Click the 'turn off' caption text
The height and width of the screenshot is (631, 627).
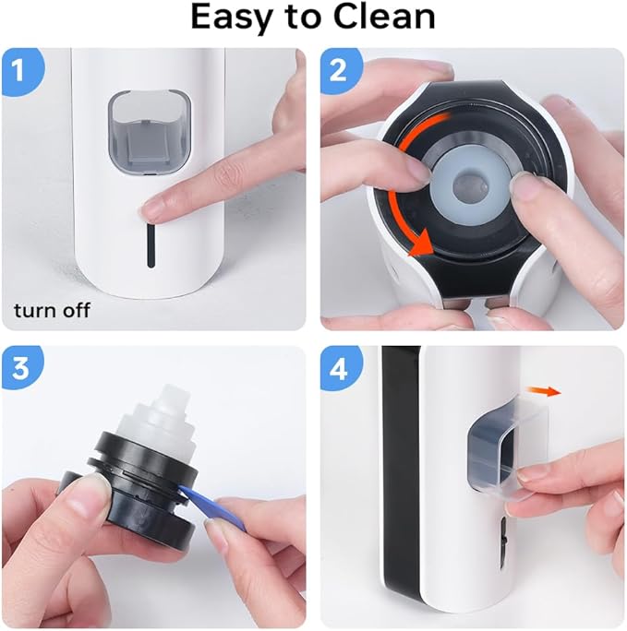point(52,310)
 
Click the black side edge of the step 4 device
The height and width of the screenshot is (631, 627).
point(399,480)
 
